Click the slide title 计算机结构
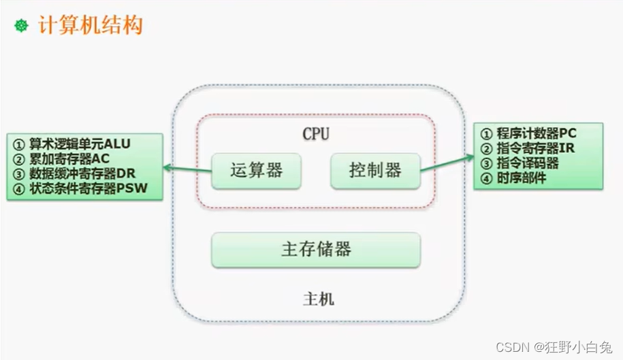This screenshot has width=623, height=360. click(92, 26)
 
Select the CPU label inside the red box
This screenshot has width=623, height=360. click(315, 134)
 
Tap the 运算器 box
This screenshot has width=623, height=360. click(256, 170)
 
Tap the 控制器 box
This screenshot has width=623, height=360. click(375, 170)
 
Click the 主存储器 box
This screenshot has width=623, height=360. click(316, 249)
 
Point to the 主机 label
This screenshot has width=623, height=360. click(317, 299)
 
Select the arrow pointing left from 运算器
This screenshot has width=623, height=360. click(187, 168)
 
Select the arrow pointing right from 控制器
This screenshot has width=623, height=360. click(447, 163)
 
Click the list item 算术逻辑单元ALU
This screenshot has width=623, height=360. click(79, 144)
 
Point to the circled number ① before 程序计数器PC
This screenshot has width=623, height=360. click(486, 133)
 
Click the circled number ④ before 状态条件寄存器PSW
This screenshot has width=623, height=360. click(18, 189)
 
